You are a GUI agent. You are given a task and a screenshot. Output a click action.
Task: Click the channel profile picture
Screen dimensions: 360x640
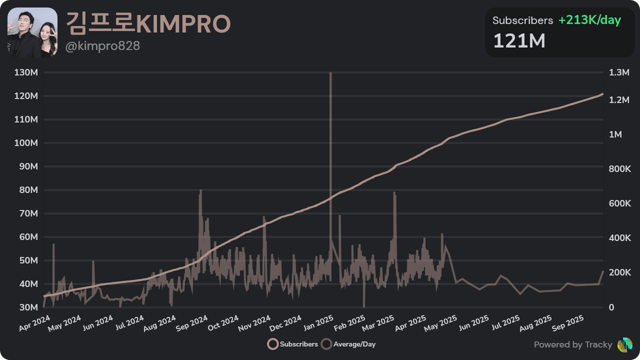click(x=32, y=32)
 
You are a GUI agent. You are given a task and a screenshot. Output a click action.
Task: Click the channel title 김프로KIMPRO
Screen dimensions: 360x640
click(x=148, y=23)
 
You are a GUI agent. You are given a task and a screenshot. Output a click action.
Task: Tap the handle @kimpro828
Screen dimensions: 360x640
click(x=103, y=46)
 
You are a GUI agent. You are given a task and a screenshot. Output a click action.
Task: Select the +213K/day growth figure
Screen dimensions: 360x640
click(x=589, y=20)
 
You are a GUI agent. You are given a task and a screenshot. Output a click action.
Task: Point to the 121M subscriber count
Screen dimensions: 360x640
click(x=519, y=41)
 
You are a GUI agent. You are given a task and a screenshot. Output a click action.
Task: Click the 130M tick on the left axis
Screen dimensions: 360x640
click(x=26, y=73)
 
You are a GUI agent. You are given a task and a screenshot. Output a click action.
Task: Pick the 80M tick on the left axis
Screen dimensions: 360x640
click(x=27, y=190)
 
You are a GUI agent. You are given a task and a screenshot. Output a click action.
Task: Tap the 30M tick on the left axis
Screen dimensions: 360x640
click(x=27, y=307)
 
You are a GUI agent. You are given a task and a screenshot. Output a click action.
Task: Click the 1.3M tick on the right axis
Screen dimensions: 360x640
click(x=619, y=73)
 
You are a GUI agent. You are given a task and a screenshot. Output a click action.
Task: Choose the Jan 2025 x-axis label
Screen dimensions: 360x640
click(x=318, y=323)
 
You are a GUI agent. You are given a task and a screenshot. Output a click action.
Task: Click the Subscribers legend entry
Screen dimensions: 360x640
click(x=293, y=344)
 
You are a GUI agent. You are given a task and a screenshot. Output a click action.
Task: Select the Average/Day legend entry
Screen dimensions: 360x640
click(x=348, y=344)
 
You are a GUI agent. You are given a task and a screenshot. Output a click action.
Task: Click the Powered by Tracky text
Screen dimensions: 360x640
click(x=573, y=344)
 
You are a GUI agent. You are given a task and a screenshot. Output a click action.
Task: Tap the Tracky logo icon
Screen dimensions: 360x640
click(x=625, y=344)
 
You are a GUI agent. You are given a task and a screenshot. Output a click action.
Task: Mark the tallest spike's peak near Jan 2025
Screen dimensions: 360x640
click(x=330, y=73)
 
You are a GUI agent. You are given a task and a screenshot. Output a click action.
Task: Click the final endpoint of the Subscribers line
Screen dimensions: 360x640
click(x=603, y=93)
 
